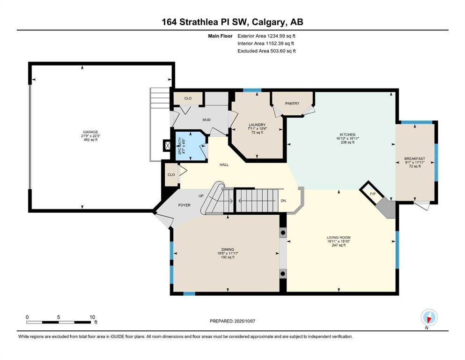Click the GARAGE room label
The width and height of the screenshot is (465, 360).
point(90,132)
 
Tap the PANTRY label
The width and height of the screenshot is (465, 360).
point(292,104)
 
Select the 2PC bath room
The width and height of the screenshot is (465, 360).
point(191,146)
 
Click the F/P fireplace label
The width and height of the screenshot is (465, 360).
point(373,194)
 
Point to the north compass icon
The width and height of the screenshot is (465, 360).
point(429,317)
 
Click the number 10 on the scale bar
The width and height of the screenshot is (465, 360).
point(92,317)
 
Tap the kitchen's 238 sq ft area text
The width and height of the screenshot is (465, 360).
point(347,142)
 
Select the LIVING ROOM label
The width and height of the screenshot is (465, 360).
point(339,238)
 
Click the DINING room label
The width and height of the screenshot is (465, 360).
point(228,249)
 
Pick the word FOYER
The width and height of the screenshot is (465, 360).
point(184,205)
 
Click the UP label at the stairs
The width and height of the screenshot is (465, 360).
point(201,196)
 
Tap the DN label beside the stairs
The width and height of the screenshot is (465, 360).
point(283,201)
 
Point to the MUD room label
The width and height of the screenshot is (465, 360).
point(207,120)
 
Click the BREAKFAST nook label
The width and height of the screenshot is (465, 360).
point(415,159)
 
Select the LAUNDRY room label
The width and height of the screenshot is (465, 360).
point(257,125)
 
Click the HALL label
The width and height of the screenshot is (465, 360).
point(224,165)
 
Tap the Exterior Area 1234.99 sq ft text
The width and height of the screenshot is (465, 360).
point(266,36)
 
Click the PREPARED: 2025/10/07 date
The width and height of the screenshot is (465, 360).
point(232,321)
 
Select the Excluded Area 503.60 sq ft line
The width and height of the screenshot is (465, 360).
point(266,51)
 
